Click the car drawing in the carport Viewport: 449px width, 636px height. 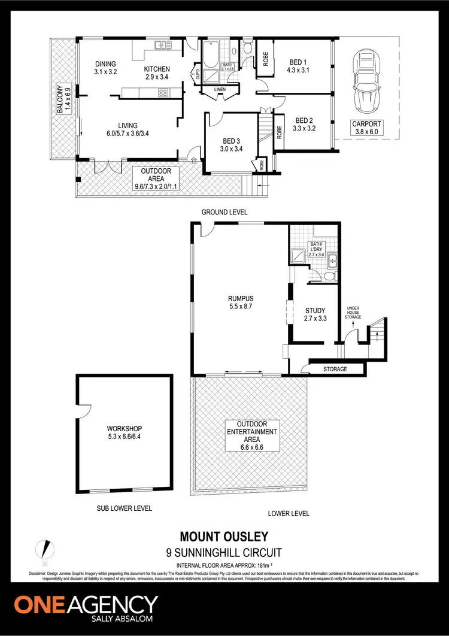click(366, 81)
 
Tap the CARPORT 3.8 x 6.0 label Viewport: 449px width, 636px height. click(366, 128)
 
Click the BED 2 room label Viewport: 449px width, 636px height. click(304, 124)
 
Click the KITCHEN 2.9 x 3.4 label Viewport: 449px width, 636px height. click(157, 73)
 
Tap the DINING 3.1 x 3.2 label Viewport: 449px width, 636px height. click(105, 68)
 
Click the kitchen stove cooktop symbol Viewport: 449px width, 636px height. click(162, 92)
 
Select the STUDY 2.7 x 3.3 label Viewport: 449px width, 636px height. click(315, 314)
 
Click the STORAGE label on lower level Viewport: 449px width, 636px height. click(335, 369)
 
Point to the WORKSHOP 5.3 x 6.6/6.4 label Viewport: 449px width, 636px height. click(125, 433)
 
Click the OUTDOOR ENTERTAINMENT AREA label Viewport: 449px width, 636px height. click(251, 435)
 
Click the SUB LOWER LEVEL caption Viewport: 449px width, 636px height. click(125, 508)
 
